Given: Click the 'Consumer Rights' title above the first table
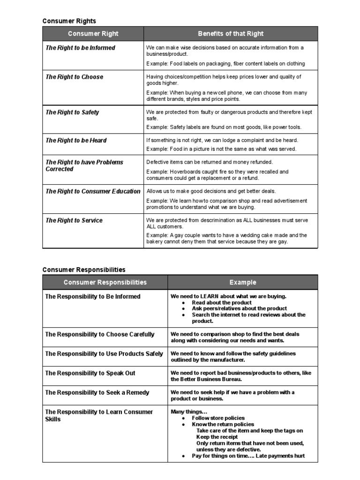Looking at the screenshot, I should [69, 21].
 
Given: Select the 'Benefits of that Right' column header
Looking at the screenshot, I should [231, 34].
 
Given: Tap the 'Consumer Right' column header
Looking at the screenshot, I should [93, 34].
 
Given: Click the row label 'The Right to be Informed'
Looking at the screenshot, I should [80, 48].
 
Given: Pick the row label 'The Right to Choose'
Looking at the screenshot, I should [74, 77].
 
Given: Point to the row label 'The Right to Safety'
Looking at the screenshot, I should [72, 112].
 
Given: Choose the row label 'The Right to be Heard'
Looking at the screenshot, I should [76, 140].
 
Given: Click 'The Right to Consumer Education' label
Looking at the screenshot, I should [93, 191].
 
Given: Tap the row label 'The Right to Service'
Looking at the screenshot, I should [74, 220].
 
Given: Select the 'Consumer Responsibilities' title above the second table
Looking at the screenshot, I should [84, 270].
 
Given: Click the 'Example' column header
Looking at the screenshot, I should [243, 282].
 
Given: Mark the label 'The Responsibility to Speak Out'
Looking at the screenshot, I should [90, 373].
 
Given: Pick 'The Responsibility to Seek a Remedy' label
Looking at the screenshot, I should [97, 392].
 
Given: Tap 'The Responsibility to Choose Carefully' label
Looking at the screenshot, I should [99, 334].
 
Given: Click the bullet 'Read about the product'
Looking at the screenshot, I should [225, 303].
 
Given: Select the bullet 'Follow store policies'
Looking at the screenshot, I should [218, 418].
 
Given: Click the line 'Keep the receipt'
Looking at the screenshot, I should [217, 437].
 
